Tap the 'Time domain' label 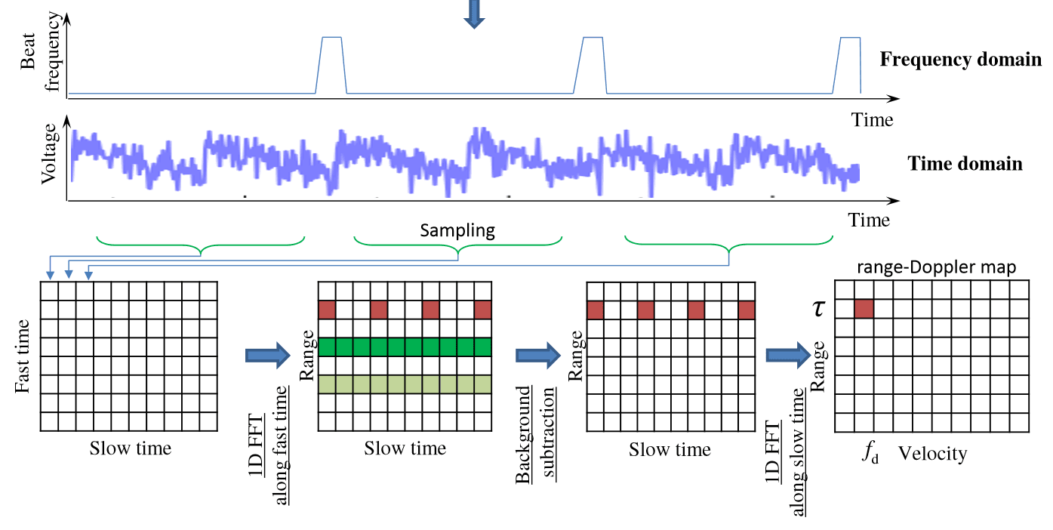pos(965,164)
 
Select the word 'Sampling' pos(457,231)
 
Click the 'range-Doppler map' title pos(937,267)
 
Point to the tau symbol pos(818,309)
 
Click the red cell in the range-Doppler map pos(864,309)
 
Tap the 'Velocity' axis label pos(933,453)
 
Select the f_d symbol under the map pos(870,452)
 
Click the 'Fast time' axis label pos(22,356)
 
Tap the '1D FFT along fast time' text pos(268,445)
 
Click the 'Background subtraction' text pos(535,435)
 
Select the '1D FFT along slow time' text pos(786,452)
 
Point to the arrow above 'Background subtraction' pos(537,356)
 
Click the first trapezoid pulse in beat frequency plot pos(331,66)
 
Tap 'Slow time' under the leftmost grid pos(131,448)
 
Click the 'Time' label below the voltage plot pos(869,220)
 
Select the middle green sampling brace pos(458,245)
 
